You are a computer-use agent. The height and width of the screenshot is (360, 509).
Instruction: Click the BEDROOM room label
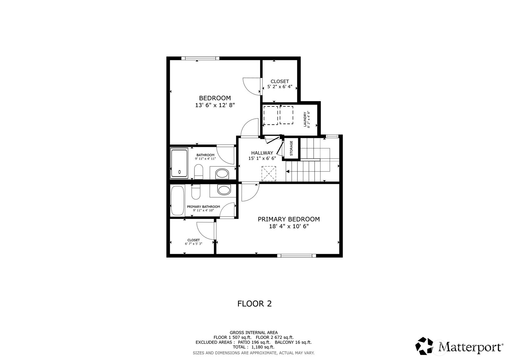pos(215,98)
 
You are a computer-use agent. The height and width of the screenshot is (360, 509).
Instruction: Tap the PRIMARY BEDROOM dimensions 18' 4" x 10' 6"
pos(289,226)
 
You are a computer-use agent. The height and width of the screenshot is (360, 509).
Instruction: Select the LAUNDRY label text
pos(305,119)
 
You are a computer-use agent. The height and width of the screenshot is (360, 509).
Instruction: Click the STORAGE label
pos(291,148)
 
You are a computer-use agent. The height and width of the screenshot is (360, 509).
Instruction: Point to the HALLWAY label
pos(262,153)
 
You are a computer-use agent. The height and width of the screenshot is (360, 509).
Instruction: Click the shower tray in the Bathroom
pos(179,163)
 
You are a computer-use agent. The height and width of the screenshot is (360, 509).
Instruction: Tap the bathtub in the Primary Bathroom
pos(177,200)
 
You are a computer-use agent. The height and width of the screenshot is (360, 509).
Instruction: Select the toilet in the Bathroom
pos(198,172)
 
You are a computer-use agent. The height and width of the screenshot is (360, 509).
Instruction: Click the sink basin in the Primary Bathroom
pos(224,190)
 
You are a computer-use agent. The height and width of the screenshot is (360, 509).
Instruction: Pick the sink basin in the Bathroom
pos(222,174)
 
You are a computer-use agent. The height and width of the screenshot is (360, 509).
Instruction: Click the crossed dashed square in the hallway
pos(269,174)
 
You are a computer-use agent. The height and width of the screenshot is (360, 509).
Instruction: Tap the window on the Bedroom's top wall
pos(200,58)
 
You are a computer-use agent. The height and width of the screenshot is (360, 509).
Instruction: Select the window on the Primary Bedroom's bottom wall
pos(296,255)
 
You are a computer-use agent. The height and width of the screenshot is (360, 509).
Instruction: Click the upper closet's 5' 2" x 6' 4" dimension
pos(280,87)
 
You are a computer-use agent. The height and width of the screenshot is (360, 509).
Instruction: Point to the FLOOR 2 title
pos(254,304)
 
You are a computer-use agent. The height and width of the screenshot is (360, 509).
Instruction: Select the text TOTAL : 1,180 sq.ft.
pos(253,347)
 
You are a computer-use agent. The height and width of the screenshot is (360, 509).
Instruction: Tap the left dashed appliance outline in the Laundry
pos(270,115)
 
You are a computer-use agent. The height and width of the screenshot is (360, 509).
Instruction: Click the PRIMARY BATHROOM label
pos(203,207)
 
